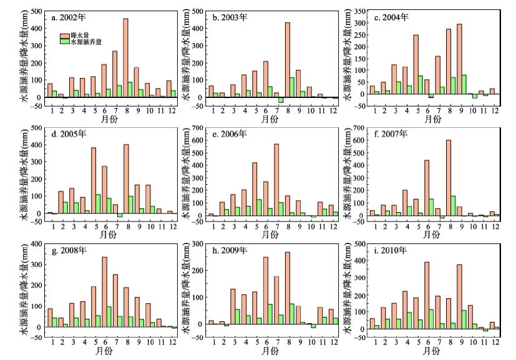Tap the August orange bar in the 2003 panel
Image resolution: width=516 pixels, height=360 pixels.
coord(288,60)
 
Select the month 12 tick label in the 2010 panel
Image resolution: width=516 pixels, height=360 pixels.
coord(495,342)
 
